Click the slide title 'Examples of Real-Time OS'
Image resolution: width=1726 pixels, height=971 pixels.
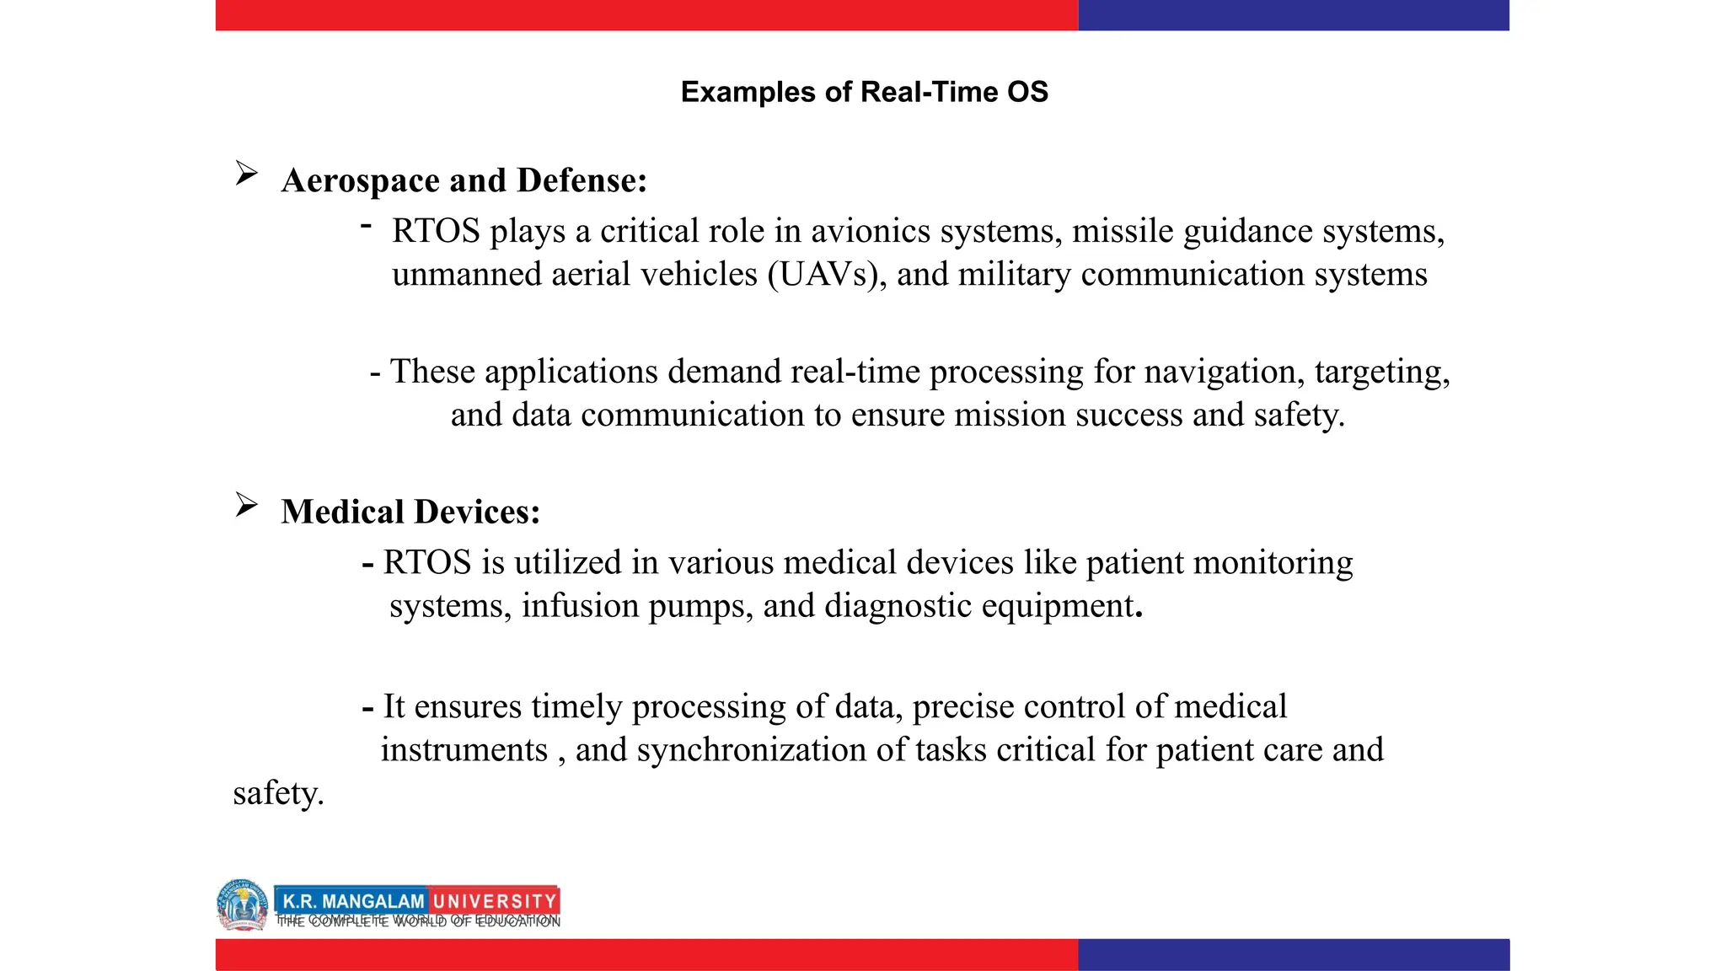click(864, 92)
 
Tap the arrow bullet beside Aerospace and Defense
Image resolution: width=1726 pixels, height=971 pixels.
click(246, 174)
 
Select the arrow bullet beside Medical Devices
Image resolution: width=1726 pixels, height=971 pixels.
click(246, 505)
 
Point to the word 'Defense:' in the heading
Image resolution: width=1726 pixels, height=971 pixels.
click(582, 180)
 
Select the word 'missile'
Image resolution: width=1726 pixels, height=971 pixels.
click(1123, 231)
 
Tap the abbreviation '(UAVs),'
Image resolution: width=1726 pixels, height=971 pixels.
click(827, 275)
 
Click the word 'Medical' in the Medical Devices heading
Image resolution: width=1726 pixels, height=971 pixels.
click(342, 512)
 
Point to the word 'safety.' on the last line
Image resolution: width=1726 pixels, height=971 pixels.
click(278, 794)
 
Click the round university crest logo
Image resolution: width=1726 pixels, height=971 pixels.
click(243, 904)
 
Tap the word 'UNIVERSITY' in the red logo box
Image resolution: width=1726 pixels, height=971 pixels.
click(494, 901)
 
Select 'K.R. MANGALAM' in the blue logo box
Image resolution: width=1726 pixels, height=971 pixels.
click(353, 901)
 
